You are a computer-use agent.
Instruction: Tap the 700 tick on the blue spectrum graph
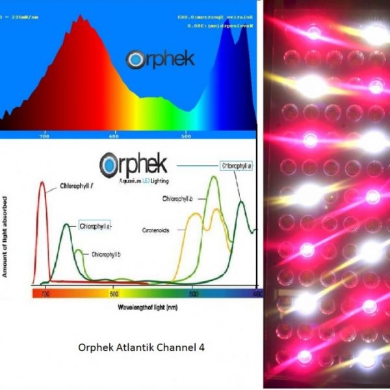pyautogui.click(x=45, y=136)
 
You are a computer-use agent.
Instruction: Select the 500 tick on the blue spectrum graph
pyautogui.click(x=187, y=136)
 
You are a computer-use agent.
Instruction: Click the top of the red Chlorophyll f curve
pyautogui.click(x=42, y=183)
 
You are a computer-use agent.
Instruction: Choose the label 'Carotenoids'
pyautogui.click(x=156, y=230)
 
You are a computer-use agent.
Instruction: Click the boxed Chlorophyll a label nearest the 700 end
pyautogui.click(x=95, y=226)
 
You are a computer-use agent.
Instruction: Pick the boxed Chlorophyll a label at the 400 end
pyautogui.click(x=237, y=166)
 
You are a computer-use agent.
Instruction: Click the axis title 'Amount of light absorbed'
pyautogui.click(x=5, y=235)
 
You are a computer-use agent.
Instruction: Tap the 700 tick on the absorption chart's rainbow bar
pyautogui.click(x=45, y=294)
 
